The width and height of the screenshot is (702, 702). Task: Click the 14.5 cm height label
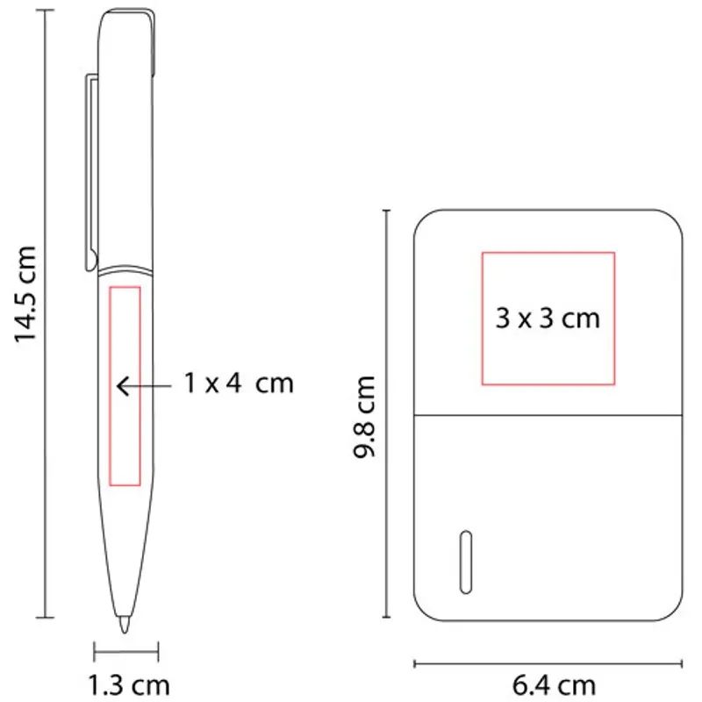point(25,294)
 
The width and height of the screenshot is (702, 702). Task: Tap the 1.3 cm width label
point(129,685)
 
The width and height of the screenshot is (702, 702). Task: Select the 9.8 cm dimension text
point(363,417)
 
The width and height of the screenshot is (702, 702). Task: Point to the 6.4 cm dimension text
point(554,685)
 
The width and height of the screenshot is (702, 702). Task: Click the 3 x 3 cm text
point(548,319)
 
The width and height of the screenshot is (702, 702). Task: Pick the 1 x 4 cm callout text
point(239,383)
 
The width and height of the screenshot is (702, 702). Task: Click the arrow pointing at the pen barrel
point(144,385)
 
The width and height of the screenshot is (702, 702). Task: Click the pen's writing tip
point(124,625)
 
